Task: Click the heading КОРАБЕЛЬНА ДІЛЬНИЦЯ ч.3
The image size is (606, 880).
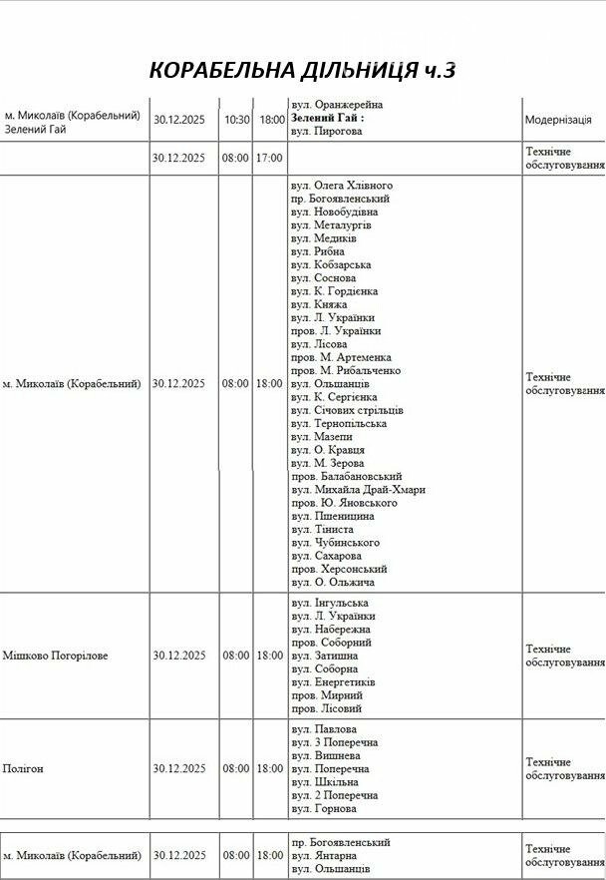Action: (x=303, y=71)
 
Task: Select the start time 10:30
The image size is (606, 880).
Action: (x=237, y=119)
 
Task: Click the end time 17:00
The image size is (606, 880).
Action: (x=270, y=158)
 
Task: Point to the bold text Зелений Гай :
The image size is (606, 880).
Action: (x=328, y=118)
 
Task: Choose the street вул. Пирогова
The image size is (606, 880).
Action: (x=327, y=132)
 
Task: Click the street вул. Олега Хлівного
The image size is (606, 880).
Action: (x=342, y=186)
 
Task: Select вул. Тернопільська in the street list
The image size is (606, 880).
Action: (x=339, y=424)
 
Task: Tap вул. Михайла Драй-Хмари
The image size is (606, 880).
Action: (x=359, y=490)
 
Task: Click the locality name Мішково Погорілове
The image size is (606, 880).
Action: (x=69, y=656)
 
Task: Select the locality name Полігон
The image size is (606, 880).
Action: (x=23, y=769)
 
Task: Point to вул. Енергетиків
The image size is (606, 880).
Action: (x=334, y=682)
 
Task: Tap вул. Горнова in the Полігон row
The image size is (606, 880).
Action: (x=324, y=809)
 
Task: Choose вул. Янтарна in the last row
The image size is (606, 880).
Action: (x=325, y=856)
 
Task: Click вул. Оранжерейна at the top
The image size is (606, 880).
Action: (x=337, y=105)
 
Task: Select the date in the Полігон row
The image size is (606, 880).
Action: (x=179, y=769)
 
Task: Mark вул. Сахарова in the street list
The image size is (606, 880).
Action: (x=327, y=556)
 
